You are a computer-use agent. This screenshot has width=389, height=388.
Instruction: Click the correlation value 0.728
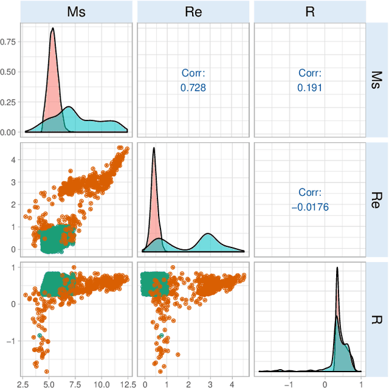coord(193,88)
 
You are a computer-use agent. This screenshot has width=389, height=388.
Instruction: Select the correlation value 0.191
coord(310,88)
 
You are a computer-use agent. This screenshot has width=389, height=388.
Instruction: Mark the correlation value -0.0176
coord(310,207)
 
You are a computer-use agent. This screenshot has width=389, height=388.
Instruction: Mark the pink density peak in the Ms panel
coord(53,29)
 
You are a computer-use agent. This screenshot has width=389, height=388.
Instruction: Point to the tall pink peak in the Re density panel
coord(154,148)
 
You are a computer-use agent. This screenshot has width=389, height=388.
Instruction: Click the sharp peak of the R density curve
coord(337,268)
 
